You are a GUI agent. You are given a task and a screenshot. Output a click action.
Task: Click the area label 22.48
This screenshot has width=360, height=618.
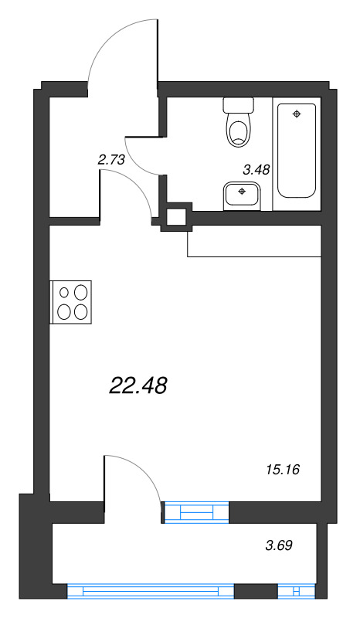click(x=139, y=385)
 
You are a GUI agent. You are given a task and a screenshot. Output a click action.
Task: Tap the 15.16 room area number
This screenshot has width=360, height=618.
click(x=281, y=469)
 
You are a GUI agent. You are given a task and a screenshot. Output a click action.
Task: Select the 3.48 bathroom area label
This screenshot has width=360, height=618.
click(x=256, y=171)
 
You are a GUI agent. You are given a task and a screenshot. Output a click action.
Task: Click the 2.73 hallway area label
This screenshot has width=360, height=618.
click(x=111, y=160)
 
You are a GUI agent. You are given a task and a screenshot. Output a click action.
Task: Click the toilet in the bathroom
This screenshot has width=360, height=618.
click(x=238, y=127)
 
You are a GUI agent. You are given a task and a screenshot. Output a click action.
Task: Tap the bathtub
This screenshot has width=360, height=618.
click(x=297, y=150)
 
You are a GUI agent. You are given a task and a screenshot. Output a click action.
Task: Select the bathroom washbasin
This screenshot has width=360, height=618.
click(x=242, y=195)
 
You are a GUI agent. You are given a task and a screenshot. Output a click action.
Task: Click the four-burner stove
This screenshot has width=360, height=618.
click(x=71, y=301)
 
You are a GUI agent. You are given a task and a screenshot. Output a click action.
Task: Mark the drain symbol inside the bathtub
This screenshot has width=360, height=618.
click(x=297, y=114)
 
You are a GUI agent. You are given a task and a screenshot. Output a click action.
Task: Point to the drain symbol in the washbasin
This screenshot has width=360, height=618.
click(x=243, y=190)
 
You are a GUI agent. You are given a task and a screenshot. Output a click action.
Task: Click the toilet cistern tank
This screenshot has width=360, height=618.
click(x=238, y=104)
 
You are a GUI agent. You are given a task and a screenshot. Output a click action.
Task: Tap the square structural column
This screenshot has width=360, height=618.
click(x=177, y=217)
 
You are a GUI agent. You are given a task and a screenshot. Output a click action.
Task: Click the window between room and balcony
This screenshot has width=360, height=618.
click(x=197, y=511)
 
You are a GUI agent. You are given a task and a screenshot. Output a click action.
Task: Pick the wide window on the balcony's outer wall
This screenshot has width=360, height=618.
click(x=151, y=592)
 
